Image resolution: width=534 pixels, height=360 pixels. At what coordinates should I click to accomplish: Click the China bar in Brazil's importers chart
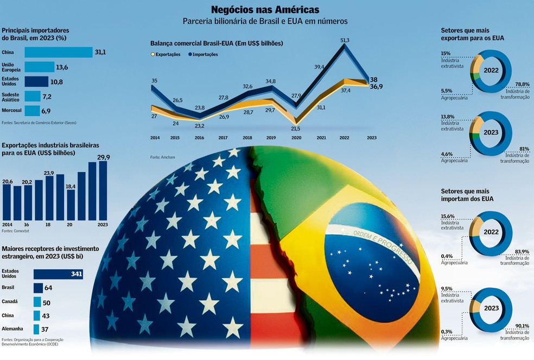tap(59, 52)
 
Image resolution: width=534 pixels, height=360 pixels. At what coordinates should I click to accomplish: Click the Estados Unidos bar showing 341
tap(58, 274)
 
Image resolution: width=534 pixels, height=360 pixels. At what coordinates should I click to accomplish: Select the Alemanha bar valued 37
tap(36, 329)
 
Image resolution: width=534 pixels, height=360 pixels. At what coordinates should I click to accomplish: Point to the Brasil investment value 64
tap(48, 287)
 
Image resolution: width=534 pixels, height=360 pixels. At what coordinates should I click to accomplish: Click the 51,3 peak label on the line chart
tap(345, 40)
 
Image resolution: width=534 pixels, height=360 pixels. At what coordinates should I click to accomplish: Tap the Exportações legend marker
tap(152, 55)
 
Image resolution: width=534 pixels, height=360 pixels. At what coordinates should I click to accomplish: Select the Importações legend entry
tap(205, 55)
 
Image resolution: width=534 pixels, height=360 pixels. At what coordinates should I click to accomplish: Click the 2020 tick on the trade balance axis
tap(296, 138)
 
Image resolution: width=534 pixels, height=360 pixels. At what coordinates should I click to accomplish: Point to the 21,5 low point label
tap(295, 128)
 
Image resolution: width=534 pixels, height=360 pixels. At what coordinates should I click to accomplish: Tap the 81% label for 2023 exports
tap(524, 149)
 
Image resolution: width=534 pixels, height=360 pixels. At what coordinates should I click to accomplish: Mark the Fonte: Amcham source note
tap(161, 157)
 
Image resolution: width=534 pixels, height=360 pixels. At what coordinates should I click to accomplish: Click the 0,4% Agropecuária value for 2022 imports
tap(447, 256)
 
